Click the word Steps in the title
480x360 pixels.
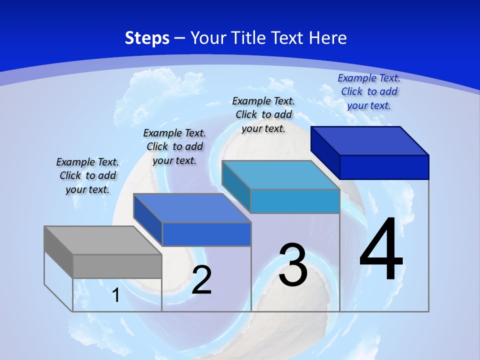tap(147, 38)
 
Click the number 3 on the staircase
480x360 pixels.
tap(293, 265)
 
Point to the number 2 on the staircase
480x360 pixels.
tap(202, 279)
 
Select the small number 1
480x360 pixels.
tap(116, 295)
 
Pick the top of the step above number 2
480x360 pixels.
tap(192, 208)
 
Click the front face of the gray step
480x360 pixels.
tap(117, 266)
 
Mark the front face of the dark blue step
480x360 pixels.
tap(384, 167)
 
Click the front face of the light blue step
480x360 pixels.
tap(295, 201)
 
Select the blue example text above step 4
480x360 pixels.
tap(369, 91)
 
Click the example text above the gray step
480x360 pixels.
tap(87, 175)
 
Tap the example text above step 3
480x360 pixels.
tap(263, 114)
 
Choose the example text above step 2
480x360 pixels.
tap(174, 146)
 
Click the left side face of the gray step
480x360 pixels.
tap(58, 252)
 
